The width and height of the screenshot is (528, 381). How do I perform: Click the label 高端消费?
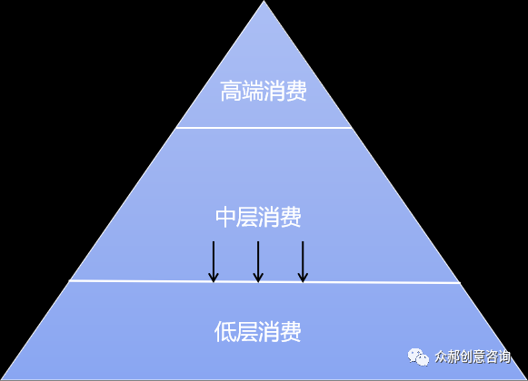click(x=264, y=91)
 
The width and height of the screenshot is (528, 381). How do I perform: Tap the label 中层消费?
click(x=258, y=217)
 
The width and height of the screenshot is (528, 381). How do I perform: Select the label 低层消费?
click(x=258, y=332)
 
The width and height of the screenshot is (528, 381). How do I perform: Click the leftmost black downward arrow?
click(x=214, y=261)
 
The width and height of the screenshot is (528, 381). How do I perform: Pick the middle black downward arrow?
click(x=258, y=261)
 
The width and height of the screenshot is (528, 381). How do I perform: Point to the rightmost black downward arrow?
click(x=303, y=261)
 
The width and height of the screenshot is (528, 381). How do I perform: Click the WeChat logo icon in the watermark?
click(x=418, y=357)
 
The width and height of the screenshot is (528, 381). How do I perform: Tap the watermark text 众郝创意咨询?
click(x=473, y=357)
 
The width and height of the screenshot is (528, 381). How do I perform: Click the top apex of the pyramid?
click(x=264, y=1)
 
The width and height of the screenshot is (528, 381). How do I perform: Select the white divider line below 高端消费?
click(x=264, y=128)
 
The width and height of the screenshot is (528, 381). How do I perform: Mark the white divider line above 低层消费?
click(x=264, y=281)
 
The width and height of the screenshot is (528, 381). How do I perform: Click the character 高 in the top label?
click(x=231, y=91)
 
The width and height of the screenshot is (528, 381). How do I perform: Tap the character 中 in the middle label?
click(x=226, y=217)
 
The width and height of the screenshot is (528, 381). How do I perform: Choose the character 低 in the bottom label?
click(x=225, y=332)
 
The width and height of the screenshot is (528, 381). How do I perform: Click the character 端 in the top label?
click(x=253, y=91)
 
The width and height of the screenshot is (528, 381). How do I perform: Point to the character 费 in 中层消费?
click(x=291, y=217)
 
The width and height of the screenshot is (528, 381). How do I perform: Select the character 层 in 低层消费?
click(x=247, y=332)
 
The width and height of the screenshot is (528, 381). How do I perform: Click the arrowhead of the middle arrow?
click(x=258, y=278)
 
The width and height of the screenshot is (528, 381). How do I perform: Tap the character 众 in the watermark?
click(x=441, y=357)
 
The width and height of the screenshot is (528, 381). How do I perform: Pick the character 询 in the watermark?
click(x=504, y=357)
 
